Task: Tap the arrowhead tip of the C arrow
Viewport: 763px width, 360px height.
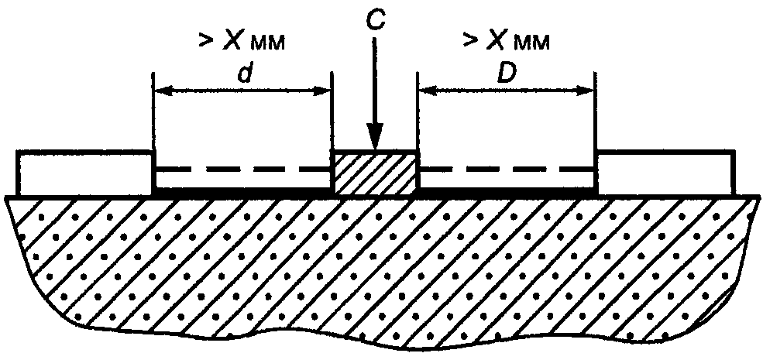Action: pos(375,149)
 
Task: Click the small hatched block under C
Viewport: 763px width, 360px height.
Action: pos(375,172)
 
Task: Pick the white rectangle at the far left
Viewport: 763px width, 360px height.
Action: pos(85,173)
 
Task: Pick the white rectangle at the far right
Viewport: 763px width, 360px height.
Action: pos(665,173)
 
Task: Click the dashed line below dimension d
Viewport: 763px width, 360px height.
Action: pos(242,170)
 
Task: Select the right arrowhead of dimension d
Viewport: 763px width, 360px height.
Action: pos(322,91)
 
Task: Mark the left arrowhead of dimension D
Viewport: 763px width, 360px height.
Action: pos(428,91)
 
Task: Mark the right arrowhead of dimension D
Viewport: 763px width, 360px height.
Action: pos(586,91)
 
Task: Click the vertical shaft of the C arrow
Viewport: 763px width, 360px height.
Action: pos(375,82)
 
